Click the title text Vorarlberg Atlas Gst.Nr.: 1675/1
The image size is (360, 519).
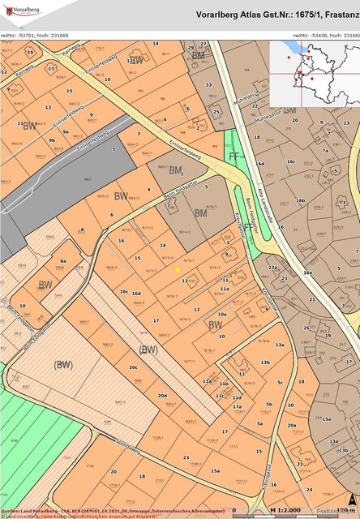click(276, 15)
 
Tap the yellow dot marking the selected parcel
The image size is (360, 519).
click(178, 269)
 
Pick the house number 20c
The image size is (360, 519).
click(133, 367)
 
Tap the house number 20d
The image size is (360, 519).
click(161, 395)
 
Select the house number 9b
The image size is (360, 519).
click(52, 139)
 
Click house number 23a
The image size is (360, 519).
click(272, 268)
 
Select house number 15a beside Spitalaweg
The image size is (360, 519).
click(215, 470)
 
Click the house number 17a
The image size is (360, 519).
click(238, 406)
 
